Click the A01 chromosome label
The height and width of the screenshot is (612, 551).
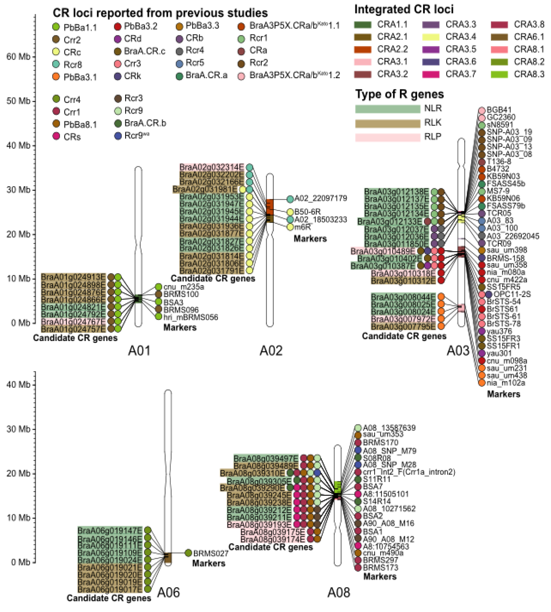pos(139,351)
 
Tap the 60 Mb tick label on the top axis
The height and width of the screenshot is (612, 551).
pos(18,57)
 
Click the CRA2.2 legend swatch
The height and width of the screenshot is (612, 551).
pos(362,49)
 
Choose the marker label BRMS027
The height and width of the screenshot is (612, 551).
pos(211,554)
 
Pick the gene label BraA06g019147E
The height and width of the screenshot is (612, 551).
pos(110,530)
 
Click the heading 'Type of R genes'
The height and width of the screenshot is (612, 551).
pos(399,94)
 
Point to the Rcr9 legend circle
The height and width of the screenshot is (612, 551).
pos(118,111)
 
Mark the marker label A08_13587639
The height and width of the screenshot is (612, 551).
pos(389,428)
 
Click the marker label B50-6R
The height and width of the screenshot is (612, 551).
pos(307,212)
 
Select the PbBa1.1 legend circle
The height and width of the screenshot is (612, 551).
pos(56,27)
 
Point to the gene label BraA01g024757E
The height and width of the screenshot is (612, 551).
pos(73,329)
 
